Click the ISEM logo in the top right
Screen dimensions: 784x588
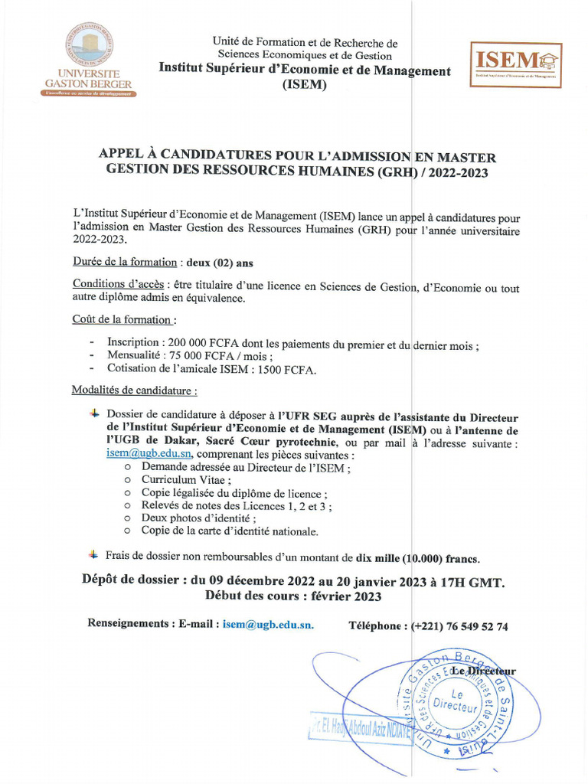click(x=515, y=65)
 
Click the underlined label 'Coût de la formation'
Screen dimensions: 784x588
click(x=122, y=319)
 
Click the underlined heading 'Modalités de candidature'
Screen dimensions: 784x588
click(x=134, y=390)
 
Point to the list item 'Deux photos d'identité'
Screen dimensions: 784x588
click(x=198, y=518)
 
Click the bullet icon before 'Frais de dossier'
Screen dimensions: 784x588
click(x=93, y=554)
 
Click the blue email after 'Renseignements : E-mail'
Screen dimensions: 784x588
click(x=268, y=625)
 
